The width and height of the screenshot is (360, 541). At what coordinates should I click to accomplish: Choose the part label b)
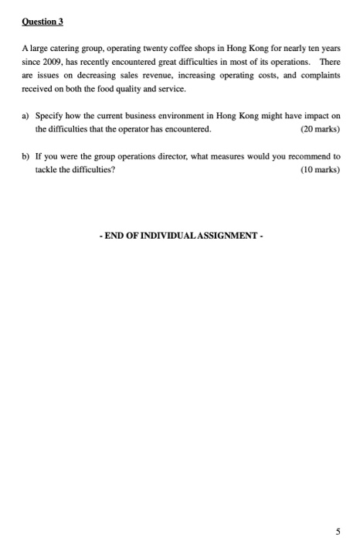pos(25,155)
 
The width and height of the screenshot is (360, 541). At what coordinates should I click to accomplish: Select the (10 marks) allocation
pos(318,168)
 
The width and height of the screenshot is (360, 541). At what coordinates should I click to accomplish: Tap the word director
pos(169,155)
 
